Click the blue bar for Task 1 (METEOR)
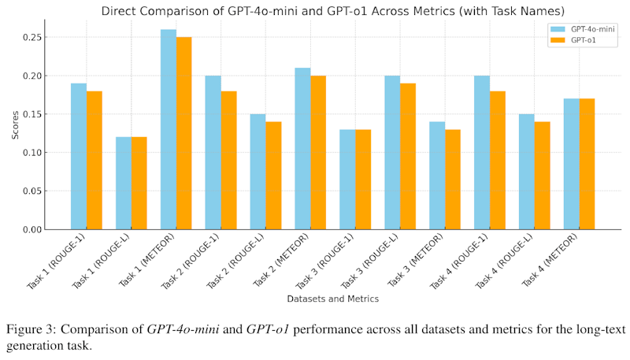169,129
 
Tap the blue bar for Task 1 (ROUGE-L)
124,183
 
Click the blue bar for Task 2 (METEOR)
302,149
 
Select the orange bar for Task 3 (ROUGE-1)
363,180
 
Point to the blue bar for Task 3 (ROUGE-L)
392,153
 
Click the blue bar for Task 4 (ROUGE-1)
482,153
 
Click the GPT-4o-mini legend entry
584,28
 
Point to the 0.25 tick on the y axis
45,38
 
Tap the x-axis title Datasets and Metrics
332,299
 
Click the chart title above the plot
332,11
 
